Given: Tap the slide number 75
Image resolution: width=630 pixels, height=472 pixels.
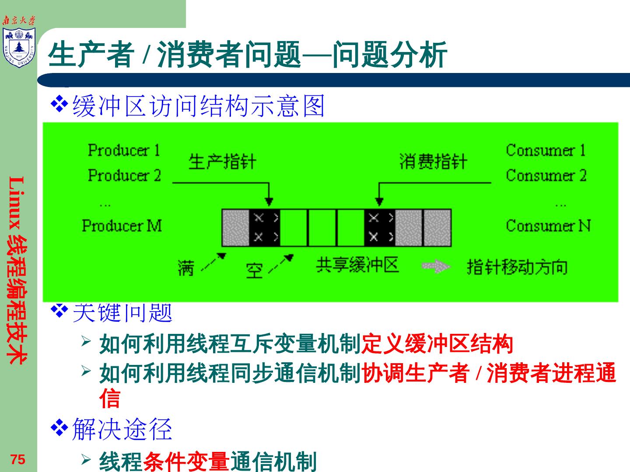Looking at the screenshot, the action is [x=18, y=460].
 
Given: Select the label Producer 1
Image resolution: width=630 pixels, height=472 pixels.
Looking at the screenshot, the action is [x=124, y=150].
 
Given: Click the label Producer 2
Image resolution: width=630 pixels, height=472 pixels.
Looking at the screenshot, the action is [x=124, y=175].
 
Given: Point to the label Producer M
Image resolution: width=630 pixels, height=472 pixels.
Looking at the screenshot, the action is [x=122, y=226].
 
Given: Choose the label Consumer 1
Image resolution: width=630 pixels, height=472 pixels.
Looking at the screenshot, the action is [x=546, y=150].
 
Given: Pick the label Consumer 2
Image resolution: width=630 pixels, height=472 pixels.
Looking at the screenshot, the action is [x=546, y=175].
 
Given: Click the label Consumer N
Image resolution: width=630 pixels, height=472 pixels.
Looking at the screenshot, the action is [x=548, y=226].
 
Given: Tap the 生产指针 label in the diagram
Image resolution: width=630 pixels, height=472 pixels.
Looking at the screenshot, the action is [x=222, y=162].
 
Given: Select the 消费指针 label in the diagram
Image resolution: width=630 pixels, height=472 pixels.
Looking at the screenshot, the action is [x=433, y=162].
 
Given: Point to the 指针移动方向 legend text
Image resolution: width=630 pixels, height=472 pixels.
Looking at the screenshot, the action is [x=517, y=267].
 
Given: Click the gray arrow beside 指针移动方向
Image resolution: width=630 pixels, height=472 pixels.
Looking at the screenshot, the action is [x=436, y=267].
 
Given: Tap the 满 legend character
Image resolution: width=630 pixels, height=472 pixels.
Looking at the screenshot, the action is [x=185, y=268].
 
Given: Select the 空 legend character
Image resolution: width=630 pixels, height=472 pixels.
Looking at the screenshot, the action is [x=254, y=271].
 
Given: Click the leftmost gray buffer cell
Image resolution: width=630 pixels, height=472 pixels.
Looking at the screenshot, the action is [x=235, y=228].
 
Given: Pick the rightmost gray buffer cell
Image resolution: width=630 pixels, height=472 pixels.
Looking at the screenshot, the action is [x=437, y=228].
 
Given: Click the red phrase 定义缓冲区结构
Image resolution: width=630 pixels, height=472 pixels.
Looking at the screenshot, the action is [x=437, y=344].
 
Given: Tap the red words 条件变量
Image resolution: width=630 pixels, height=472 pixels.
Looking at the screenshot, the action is [x=186, y=462].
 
